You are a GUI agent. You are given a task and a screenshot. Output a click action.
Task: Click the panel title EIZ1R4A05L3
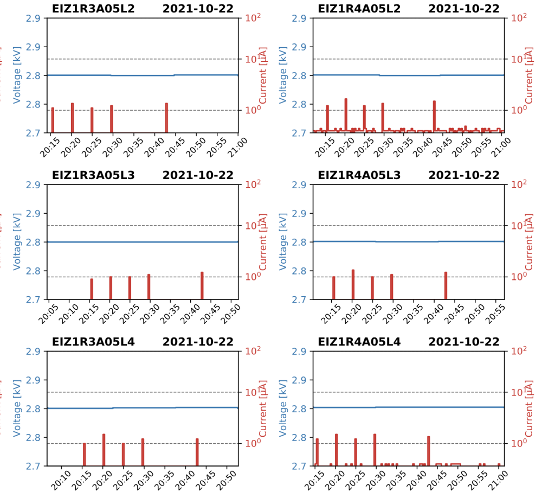(x=359, y=175)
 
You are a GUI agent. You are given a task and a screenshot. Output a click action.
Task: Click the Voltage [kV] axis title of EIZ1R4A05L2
(x=283, y=75)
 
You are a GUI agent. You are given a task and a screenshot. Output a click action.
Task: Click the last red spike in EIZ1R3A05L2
(x=166, y=117)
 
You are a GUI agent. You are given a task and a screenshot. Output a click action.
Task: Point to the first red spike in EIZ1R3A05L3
(x=92, y=289)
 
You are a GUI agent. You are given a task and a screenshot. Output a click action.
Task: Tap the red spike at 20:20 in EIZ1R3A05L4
(x=104, y=449)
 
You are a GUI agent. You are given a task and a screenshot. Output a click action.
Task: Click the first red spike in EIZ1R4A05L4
(x=317, y=451)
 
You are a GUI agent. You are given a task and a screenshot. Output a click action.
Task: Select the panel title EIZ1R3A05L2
(x=93, y=9)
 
